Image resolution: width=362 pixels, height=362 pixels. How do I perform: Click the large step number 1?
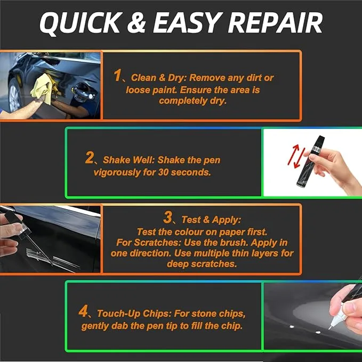[x=118, y=76]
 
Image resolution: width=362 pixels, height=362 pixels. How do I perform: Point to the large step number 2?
[x=90, y=158]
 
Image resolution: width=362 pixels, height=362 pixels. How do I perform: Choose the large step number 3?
[x=168, y=217]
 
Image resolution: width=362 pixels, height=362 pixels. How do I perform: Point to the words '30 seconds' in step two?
[x=188, y=172]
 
